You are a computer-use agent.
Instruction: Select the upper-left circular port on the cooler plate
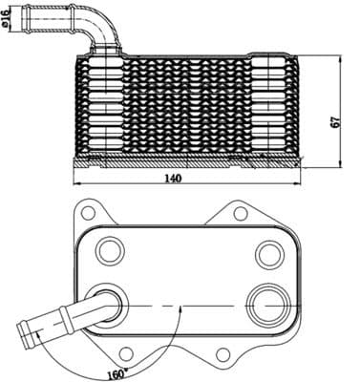click(111, 252)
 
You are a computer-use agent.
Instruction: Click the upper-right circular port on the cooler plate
click(267, 254)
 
